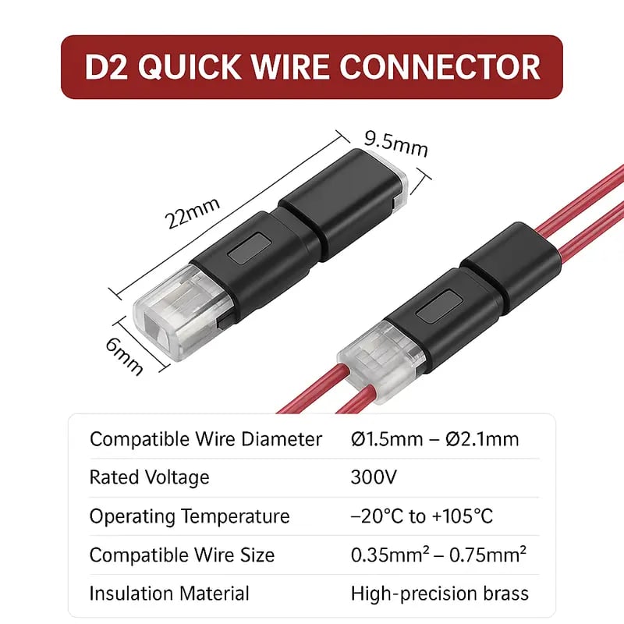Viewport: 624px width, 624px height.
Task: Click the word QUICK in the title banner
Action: [x=189, y=66]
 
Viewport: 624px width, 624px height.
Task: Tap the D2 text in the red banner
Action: [x=106, y=66]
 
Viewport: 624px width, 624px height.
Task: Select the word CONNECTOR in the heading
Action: [x=440, y=66]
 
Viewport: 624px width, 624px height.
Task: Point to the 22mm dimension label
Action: [x=193, y=213]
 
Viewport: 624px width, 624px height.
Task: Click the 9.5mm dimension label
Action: [x=396, y=144]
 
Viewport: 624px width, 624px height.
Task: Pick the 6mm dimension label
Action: [x=124, y=356]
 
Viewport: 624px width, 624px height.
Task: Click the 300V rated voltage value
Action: [x=374, y=477]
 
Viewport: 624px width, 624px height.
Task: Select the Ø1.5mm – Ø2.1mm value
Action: [x=435, y=439]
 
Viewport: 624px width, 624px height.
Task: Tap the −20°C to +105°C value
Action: [x=422, y=516]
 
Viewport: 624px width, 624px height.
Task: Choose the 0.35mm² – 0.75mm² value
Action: [x=438, y=555]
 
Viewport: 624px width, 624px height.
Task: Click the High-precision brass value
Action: [x=440, y=594]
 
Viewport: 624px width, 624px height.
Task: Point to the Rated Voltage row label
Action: [x=149, y=477]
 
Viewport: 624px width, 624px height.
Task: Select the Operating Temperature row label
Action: [x=190, y=516]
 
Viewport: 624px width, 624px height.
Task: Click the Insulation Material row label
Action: [x=169, y=594]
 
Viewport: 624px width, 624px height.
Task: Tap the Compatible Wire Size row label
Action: [x=182, y=555]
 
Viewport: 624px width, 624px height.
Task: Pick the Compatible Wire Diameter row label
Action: [x=206, y=439]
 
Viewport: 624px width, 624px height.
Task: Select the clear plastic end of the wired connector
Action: [x=379, y=356]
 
